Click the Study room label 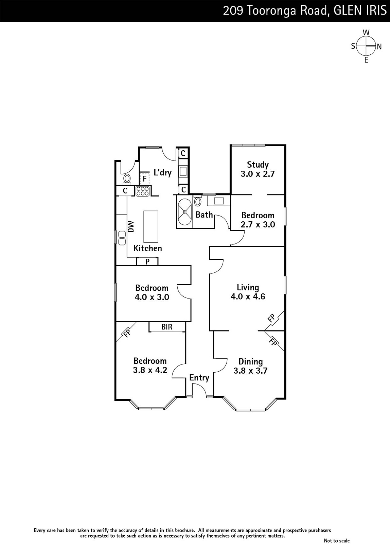point(258,165)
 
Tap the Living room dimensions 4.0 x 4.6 point(248,296)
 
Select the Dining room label point(251,362)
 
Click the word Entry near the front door point(199,378)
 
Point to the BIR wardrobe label point(167,327)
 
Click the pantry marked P point(147,261)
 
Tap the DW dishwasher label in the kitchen point(131,226)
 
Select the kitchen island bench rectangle point(151,226)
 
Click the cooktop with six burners point(143,191)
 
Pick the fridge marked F point(145,178)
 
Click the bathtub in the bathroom point(185,212)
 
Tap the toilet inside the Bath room point(198,200)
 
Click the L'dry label point(163,172)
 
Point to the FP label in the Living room point(271,318)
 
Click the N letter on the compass point(379,47)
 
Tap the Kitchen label point(147,248)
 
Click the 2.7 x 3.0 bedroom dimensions point(258,224)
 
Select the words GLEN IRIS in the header point(360,11)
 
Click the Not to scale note point(337,540)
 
